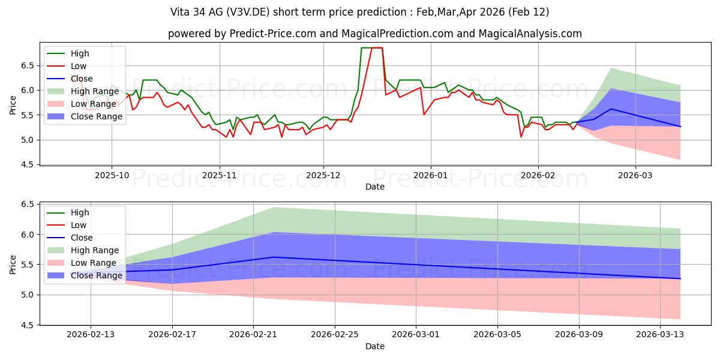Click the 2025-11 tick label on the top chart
pos(219,176)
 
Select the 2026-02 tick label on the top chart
pos(538,176)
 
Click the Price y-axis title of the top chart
pos(13,103)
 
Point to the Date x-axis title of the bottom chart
pos(375,346)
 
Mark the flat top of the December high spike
pos(372,47)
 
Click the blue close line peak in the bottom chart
pos(274,257)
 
